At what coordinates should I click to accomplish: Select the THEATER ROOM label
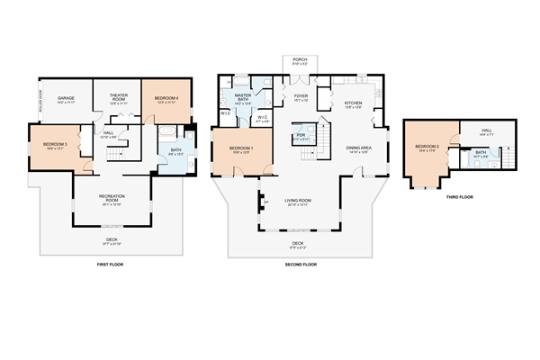[x=119, y=97]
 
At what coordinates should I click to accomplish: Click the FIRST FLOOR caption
[x=111, y=265]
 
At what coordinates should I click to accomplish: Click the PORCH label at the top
[x=299, y=60]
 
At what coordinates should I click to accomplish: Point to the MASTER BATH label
[x=243, y=96]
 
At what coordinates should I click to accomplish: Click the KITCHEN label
[x=353, y=103]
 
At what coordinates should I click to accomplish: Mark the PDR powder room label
[x=301, y=138]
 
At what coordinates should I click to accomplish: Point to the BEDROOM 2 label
[x=427, y=147]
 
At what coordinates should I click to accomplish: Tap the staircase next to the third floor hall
[x=510, y=158]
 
